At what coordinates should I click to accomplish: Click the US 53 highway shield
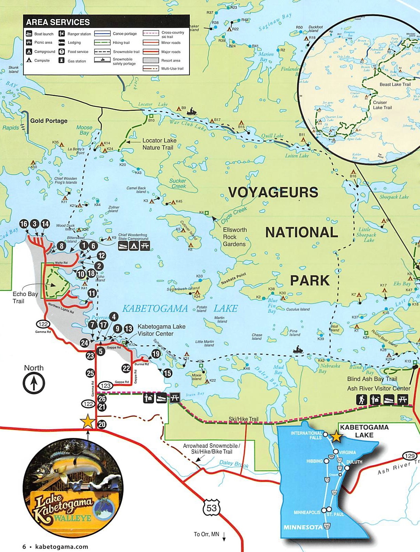pos(212,508)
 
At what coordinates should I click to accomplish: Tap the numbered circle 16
pos(24,224)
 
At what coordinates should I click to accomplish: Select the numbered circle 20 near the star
pos(102,424)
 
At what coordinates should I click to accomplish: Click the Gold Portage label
pos(49,121)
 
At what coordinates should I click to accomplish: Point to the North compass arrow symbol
pos(34,383)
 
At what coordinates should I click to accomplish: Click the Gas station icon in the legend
pos(62,60)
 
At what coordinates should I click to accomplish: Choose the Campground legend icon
pos(29,51)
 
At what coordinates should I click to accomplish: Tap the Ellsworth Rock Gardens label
pos(234,237)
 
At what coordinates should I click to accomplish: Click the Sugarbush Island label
pos(183,289)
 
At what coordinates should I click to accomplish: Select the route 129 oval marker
pos(410,456)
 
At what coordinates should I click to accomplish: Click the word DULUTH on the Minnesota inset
pos(354,462)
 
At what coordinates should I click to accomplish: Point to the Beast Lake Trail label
pos(395,84)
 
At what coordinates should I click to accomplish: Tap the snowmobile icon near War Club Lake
pos(192,112)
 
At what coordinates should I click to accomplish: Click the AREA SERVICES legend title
pos(58,22)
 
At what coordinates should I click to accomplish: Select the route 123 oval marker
pos(105,386)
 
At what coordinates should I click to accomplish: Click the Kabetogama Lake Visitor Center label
pos(161,330)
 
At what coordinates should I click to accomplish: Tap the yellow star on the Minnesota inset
pos(336,437)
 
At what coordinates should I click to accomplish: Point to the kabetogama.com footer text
pos(62,547)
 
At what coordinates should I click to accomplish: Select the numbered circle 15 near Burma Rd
pos(167,373)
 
